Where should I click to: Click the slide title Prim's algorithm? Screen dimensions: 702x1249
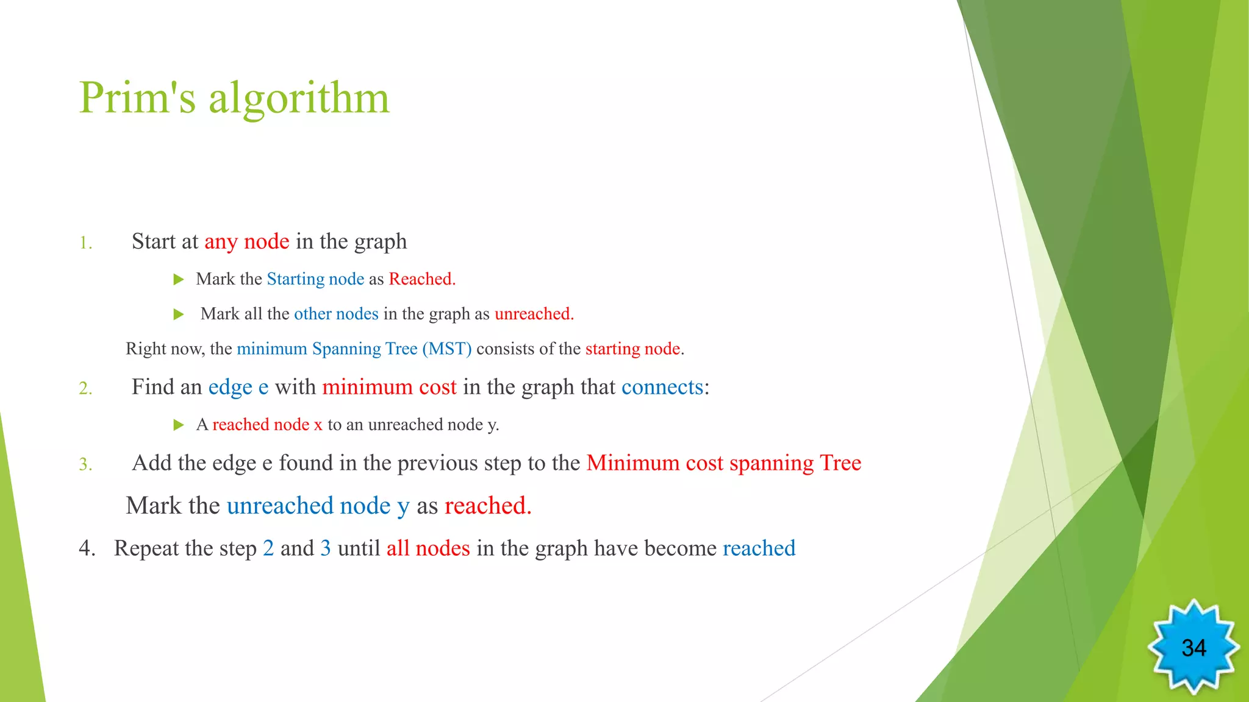pyautogui.click(x=234, y=99)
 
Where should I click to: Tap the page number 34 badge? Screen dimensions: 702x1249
pyautogui.click(x=1193, y=648)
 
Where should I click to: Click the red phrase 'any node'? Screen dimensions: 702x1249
pyautogui.click(x=246, y=242)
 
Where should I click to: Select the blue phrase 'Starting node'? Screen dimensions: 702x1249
pyautogui.click(x=315, y=279)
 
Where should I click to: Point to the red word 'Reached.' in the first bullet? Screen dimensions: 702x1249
pyautogui.click(x=422, y=279)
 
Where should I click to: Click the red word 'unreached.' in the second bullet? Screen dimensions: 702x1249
pyautogui.click(x=534, y=314)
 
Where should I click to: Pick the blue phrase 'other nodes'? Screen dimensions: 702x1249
pyautogui.click(x=336, y=314)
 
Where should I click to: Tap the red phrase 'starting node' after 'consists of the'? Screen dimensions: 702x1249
pyautogui.click(x=632, y=349)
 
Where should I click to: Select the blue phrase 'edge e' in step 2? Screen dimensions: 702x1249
pyautogui.click(x=238, y=388)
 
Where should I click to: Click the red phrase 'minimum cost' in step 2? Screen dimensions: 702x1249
pyautogui.click(x=389, y=388)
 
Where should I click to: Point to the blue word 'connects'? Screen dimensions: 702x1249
pyautogui.click(x=662, y=388)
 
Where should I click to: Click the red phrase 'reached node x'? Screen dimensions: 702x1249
pyautogui.click(x=267, y=425)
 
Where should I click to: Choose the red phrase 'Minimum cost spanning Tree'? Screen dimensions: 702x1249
pyautogui.click(x=723, y=463)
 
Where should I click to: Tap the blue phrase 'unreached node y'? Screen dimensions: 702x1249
pyautogui.click(x=318, y=506)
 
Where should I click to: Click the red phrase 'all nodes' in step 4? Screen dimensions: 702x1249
pyautogui.click(x=428, y=548)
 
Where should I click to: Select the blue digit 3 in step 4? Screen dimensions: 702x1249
pyautogui.click(x=326, y=548)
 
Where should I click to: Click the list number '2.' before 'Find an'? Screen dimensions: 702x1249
pyautogui.click(x=85, y=389)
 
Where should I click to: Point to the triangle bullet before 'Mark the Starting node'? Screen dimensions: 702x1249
pyautogui.click(x=179, y=280)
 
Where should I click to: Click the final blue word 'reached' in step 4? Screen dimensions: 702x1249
pyautogui.click(x=759, y=548)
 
